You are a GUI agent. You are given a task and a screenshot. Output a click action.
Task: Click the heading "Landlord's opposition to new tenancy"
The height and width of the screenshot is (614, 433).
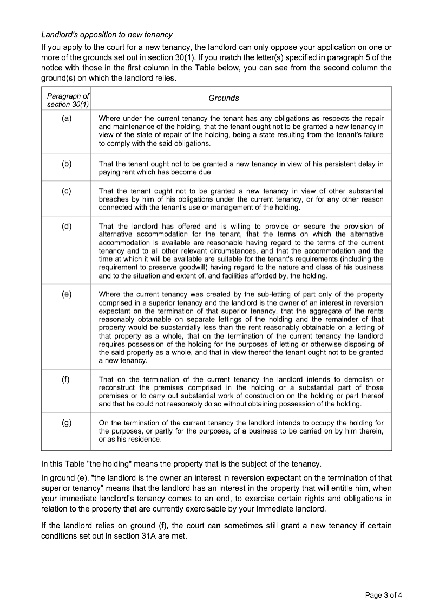click(x=107, y=35)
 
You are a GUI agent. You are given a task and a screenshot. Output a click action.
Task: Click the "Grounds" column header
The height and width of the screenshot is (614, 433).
click(x=224, y=98)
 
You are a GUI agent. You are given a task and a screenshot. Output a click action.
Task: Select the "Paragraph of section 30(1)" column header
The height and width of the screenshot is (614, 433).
click(x=68, y=100)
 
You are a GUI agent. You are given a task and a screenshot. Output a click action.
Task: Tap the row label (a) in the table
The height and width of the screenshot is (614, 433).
click(x=67, y=118)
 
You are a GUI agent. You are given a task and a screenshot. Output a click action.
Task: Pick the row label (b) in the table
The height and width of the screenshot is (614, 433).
click(x=67, y=164)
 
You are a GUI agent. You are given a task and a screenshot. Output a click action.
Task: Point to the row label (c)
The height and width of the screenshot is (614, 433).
click(x=67, y=191)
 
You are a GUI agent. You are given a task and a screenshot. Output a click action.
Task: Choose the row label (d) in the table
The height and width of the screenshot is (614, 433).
click(x=67, y=226)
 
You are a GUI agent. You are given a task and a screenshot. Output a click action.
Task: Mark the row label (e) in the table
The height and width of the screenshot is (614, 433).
click(x=67, y=294)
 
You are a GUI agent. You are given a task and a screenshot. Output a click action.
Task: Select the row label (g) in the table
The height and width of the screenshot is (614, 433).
click(x=67, y=423)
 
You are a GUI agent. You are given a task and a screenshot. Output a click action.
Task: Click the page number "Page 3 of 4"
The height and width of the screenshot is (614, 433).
click(x=383, y=595)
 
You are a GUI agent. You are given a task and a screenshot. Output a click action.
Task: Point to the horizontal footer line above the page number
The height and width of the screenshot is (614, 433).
click(x=216, y=585)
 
